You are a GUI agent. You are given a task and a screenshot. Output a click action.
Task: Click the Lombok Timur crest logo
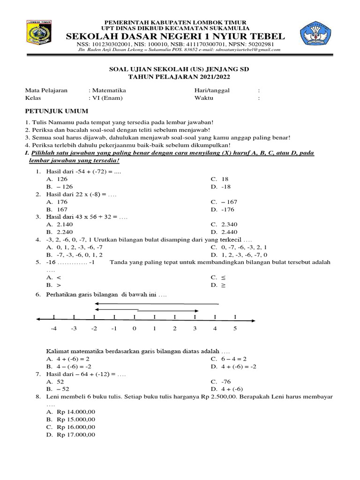click(39, 35)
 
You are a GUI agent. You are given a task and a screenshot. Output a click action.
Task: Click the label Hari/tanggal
click(212, 90)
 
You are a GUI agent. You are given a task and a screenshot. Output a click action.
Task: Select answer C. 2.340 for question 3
click(224, 224)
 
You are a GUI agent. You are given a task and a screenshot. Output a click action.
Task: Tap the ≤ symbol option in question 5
click(223, 277)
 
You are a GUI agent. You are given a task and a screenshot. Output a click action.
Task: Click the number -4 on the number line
click(53, 329)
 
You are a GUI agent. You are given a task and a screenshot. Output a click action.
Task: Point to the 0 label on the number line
click(134, 329)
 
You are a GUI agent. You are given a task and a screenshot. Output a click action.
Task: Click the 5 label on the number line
click(235, 329)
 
